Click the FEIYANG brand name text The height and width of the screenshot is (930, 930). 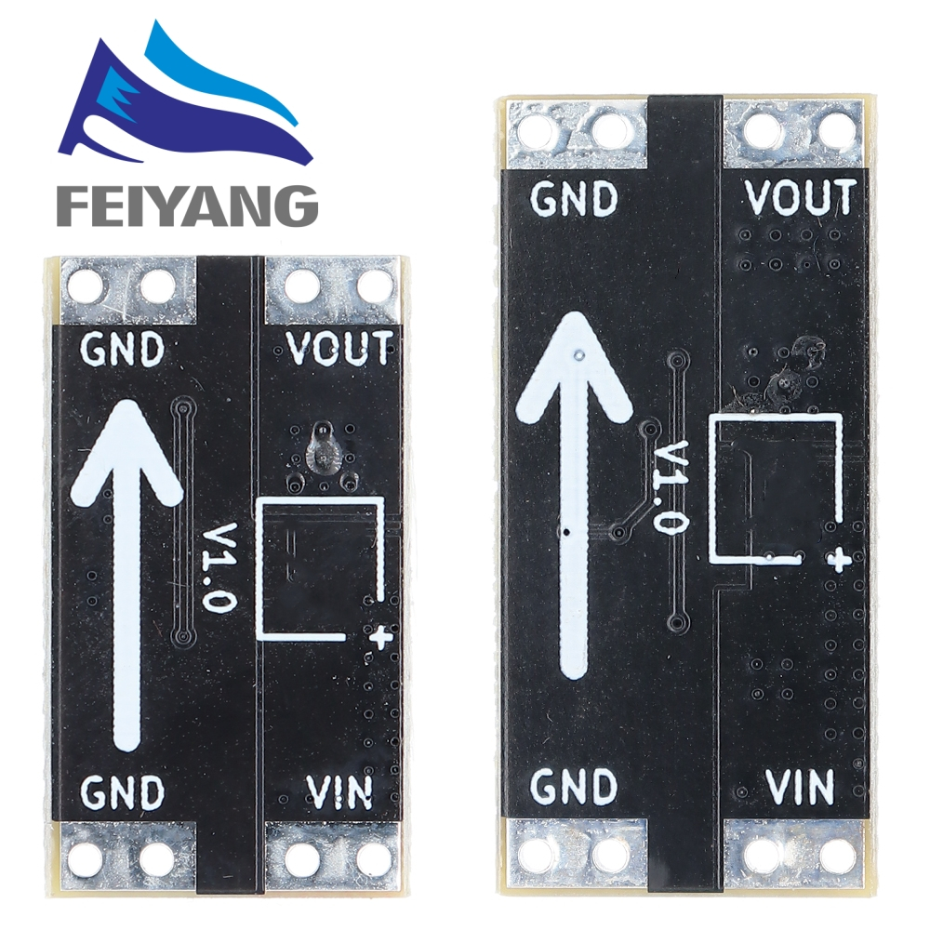coord(187,204)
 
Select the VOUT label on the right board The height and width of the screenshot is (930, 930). coord(801,197)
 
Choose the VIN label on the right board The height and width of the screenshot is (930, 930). coord(801,787)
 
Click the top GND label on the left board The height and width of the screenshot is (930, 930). coord(123,350)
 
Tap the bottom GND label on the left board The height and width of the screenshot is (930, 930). coord(123,792)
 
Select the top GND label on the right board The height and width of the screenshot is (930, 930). coord(575,198)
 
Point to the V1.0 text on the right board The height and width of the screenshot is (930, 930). coord(671,487)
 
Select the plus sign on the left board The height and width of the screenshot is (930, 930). coord(379,637)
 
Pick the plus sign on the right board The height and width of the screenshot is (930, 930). coord(840,559)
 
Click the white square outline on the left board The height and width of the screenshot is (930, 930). coord(322,568)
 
